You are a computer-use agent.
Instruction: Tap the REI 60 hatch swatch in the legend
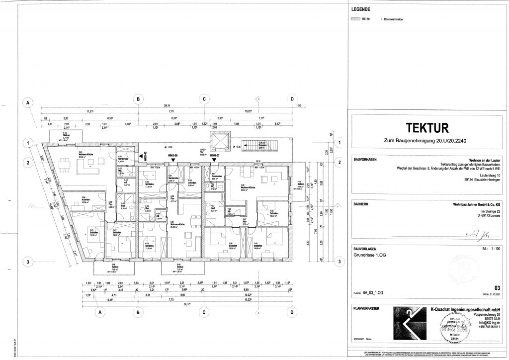click(355, 19)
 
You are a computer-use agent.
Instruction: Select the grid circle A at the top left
click(29, 103)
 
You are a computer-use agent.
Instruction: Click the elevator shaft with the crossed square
click(219, 141)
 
